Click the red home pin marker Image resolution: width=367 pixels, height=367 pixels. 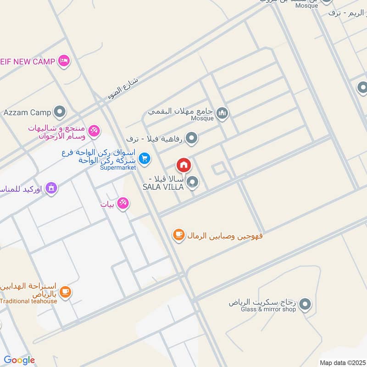point(184,165)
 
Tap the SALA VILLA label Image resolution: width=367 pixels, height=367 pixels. point(163,187)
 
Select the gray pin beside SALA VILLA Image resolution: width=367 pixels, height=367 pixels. point(193,183)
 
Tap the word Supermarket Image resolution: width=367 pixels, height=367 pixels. point(118,168)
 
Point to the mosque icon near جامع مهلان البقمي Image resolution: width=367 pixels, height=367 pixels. point(222,112)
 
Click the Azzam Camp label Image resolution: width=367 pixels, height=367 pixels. point(27,112)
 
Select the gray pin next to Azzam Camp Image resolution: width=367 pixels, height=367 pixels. point(60,111)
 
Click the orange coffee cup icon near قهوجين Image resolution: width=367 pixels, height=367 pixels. point(178,235)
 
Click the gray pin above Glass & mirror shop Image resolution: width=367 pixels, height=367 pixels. point(305,304)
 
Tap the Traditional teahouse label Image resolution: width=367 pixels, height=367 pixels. point(28,301)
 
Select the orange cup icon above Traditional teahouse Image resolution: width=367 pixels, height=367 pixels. point(66,291)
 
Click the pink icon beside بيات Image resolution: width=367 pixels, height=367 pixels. point(122,203)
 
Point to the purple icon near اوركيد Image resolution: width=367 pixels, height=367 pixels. point(51,188)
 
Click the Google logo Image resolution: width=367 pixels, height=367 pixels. point(19,360)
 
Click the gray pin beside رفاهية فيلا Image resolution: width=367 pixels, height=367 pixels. point(192,138)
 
